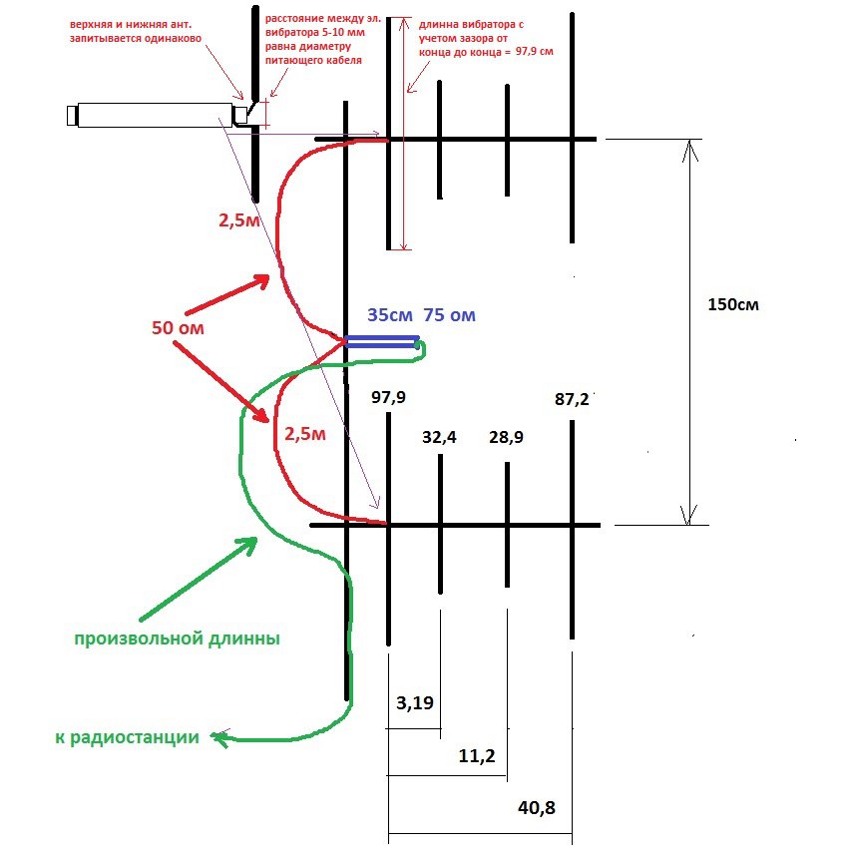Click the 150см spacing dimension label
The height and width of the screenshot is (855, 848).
[730, 304]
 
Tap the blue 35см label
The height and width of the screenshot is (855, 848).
[390, 315]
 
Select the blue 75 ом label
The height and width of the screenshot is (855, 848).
[449, 315]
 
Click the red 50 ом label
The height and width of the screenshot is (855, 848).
[179, 326]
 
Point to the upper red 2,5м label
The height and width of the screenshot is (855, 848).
[238, 220]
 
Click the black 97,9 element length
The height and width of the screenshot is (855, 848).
[388, 398]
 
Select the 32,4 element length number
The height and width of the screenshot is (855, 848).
[439, 435]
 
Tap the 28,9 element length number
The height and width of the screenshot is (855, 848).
[506, 437]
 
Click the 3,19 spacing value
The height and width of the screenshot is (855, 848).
[415, 703]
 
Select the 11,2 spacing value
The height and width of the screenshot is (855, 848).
[477, 757]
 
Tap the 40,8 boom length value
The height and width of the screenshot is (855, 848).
[539, 809]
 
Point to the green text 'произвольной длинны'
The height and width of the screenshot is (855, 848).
[177, 639]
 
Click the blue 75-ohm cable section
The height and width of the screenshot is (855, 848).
[381, 342]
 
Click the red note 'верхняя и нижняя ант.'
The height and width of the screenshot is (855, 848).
[135, 21]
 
